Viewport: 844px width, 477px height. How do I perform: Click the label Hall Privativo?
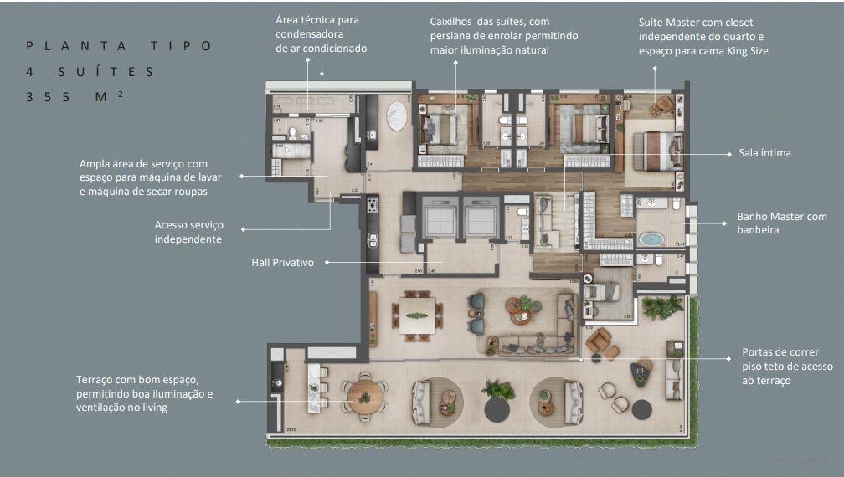[282, 263]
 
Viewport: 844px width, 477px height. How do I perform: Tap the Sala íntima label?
[764, 153]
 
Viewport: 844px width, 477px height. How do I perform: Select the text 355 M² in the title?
[75, 97]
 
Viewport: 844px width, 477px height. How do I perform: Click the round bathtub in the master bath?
[651, 239]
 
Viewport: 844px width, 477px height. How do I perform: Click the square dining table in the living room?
[416, 315]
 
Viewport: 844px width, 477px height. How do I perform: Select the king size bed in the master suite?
[657, 151]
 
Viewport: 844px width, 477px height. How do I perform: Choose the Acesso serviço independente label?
[188, 232]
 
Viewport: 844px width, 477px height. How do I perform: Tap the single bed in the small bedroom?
[601, 290]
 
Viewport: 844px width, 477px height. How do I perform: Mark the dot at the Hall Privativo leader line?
[327, 262]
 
